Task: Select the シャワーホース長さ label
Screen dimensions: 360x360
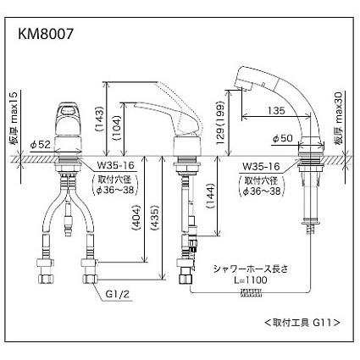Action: point(252,269)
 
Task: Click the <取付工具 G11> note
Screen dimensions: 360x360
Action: point(302,322)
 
